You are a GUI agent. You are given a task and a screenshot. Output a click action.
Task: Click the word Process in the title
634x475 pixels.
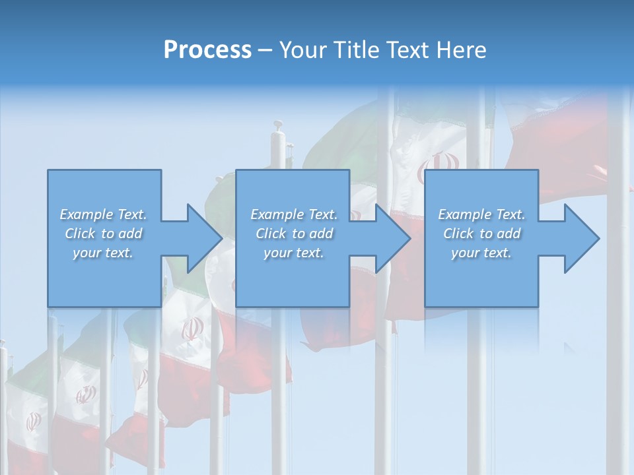click(207, 50)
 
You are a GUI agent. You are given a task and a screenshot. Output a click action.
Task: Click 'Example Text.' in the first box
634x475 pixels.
click(103, 214)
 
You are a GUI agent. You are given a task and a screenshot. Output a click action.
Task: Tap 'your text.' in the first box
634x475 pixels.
click(103, 253)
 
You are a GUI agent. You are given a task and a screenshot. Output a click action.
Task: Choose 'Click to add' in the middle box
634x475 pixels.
click(294, 234)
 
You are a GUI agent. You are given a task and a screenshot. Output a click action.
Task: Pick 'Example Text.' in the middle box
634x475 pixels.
click(294, 214)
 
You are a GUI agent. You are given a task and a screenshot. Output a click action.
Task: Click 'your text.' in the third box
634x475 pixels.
click(481, 253)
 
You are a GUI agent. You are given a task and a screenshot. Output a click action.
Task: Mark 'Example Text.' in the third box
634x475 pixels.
click(481, 214)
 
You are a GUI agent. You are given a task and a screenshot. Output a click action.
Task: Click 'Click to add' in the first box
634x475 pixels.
click(103, 234)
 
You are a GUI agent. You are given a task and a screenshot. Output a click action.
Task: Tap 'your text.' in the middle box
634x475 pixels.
click(294, 253)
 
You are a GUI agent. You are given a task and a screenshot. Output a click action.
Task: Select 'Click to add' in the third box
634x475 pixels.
click(481, 234)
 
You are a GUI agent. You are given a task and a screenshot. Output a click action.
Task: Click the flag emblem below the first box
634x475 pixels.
click(192, 328)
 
